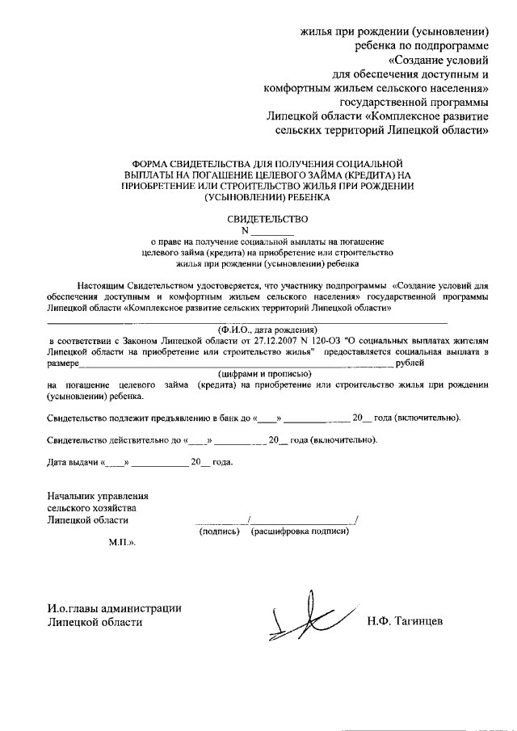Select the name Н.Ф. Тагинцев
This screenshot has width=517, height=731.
point(404,622)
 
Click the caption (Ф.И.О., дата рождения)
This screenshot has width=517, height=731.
point(267,329)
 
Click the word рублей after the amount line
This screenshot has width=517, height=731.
point(410,363)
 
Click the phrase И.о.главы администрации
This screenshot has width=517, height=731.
point(114,608)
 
